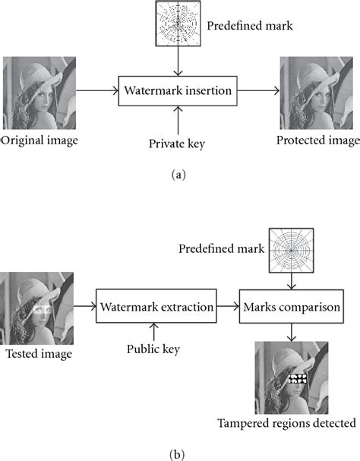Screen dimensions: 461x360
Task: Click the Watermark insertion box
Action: (179, 92)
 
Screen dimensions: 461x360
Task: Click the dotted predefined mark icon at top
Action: (178, 23)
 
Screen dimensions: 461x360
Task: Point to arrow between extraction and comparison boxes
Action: (227, 306)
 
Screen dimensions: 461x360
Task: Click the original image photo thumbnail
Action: (39, 92)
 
